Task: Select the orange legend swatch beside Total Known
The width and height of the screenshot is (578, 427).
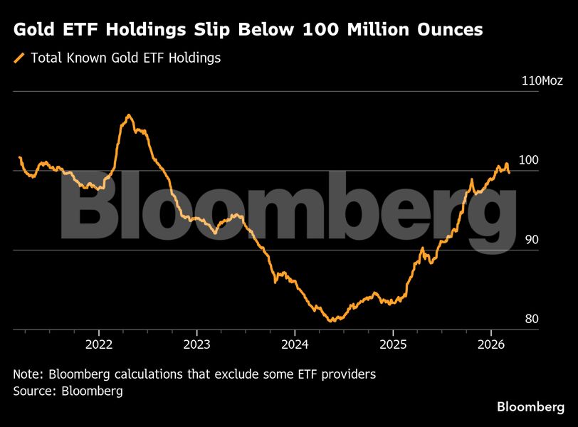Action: [19, 58]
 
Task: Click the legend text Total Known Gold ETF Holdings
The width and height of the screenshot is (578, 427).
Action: [125, 58]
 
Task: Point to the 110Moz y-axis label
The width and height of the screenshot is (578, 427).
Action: [542, 80]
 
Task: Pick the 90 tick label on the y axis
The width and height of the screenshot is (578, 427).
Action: [531, 240]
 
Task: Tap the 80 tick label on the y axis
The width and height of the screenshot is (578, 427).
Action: [531, 319]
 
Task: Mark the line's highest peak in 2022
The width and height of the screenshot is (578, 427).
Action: [128, 115]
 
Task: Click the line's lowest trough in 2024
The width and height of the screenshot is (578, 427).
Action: [331, 321]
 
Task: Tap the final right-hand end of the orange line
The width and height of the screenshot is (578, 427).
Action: [509, 172]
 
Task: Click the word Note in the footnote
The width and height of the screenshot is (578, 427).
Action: [27, 374]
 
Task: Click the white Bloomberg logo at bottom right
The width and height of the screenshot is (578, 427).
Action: [530, 406]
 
